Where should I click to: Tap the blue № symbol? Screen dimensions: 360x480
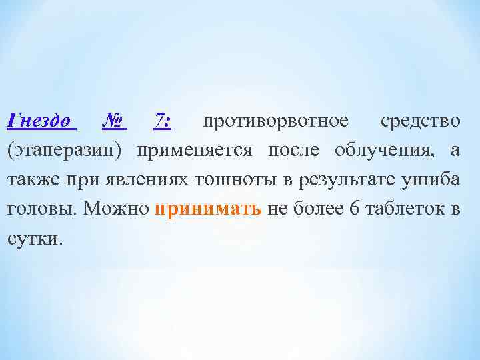click(115, 121)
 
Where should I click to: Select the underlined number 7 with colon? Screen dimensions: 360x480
click(163, 121)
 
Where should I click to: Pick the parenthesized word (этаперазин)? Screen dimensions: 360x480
click(65, 151)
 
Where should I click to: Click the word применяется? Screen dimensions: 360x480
click(194, 151)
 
